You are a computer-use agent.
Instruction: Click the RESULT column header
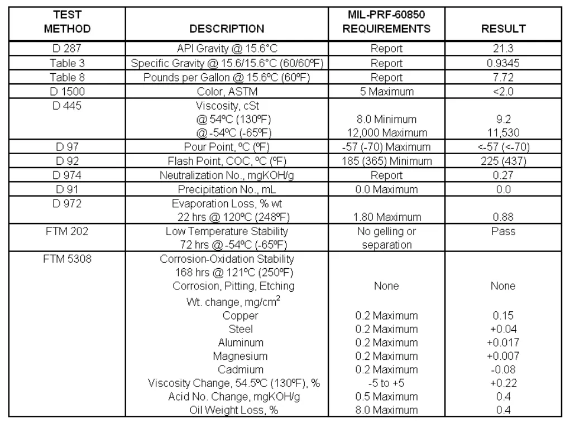tap(503, 28)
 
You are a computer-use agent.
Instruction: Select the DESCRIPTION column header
tap(227, 28)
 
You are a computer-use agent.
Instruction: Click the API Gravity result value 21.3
tap(503, 48)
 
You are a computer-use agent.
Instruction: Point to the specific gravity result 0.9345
tap(503, 63)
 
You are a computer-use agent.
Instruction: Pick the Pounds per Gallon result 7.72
tap(503, 77)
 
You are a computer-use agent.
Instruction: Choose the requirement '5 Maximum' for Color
tap(386, 91)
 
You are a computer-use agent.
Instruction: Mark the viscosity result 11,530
tap(503, 133)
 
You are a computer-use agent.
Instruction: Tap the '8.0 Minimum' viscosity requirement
tap(386, 119)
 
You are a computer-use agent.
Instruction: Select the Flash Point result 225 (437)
tap(503, 161)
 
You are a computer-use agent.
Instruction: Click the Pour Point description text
tap(227, 148)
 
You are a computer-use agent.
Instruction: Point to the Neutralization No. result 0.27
tap(503, 175)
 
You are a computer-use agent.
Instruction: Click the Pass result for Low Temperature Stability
tap(503, 231)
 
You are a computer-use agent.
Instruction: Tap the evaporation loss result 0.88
tap(503, 217)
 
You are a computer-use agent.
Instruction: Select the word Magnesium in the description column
tap(240, 356)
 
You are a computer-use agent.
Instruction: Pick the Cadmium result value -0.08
tap(503, 369)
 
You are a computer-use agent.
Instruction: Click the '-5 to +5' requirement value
tap(386, 383)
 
